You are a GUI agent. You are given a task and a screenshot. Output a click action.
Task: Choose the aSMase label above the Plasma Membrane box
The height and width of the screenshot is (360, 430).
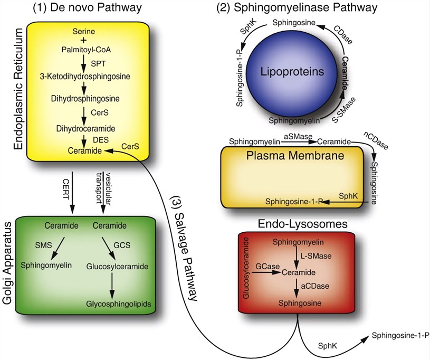point(296,137)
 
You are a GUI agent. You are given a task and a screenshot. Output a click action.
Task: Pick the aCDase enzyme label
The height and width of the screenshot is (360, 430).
point(312,286)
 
